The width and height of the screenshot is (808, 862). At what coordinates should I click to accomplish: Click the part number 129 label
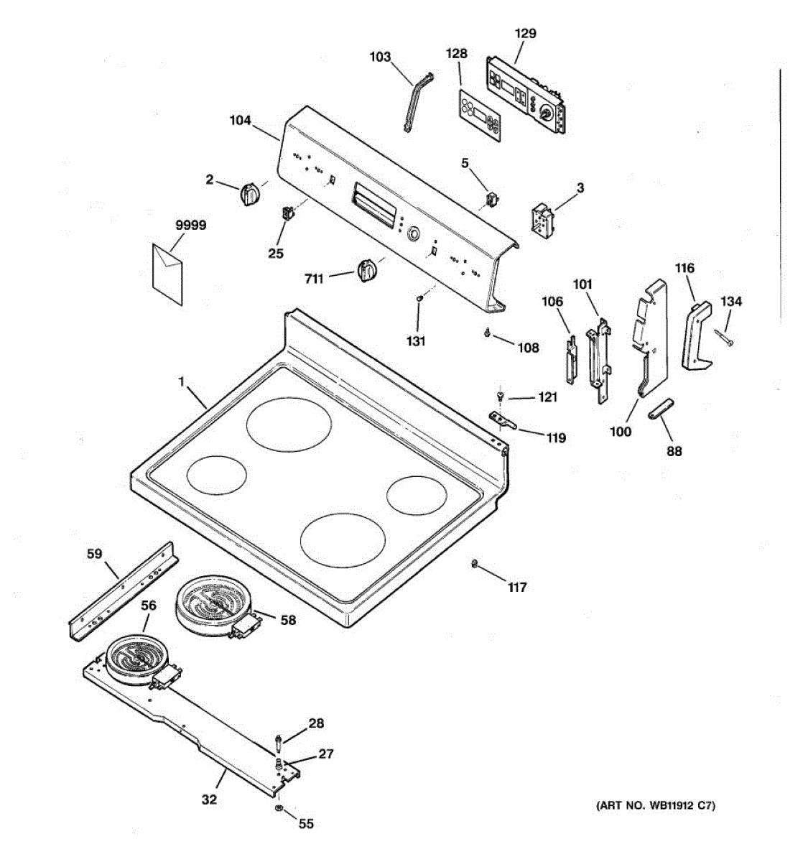525,34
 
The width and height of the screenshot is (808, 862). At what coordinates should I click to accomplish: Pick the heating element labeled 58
213,606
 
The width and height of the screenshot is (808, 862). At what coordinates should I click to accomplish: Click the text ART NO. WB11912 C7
655,806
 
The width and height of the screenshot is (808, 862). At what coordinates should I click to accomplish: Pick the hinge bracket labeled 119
503,420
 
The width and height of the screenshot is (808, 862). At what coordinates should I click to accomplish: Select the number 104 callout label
240,121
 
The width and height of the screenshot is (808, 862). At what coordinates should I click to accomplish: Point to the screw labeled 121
501,397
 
